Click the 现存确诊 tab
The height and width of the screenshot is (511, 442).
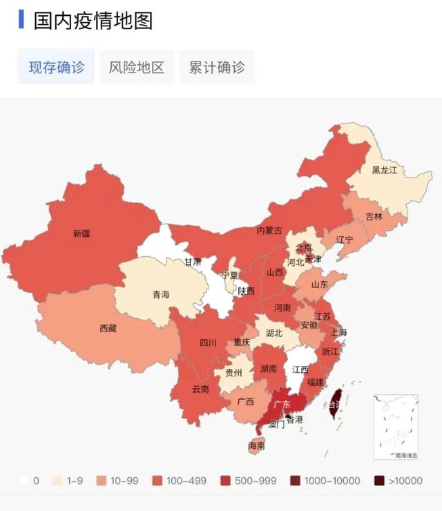[x=56, y=67]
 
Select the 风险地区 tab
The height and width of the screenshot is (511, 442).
[x=137, y=67]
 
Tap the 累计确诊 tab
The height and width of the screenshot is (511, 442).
[x=217, y=67]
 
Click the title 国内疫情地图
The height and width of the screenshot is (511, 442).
[x=93, y=21]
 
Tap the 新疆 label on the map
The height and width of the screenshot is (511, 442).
[x=81, y=234]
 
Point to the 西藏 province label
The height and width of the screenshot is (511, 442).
[x=108, y=329]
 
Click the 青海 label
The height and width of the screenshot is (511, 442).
[x=160, y=295]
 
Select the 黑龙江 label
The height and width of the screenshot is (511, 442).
[x=385, y=170]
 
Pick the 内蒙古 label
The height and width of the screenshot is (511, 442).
[x=269, y=231]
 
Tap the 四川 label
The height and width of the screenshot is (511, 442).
[x=208, y=343]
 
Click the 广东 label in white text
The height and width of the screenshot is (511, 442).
[x=282, y=405]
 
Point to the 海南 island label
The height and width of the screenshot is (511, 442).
[x=256, y=447]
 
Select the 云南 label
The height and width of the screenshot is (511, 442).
[x=200, y=389]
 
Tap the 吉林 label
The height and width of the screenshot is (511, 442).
[x=374, y=216]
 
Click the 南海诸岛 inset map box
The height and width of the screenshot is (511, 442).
[x=396, y=427]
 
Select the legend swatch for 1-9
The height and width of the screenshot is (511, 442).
[x=59, y=481]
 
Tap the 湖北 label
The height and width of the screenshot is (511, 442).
[x=274, y=333]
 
